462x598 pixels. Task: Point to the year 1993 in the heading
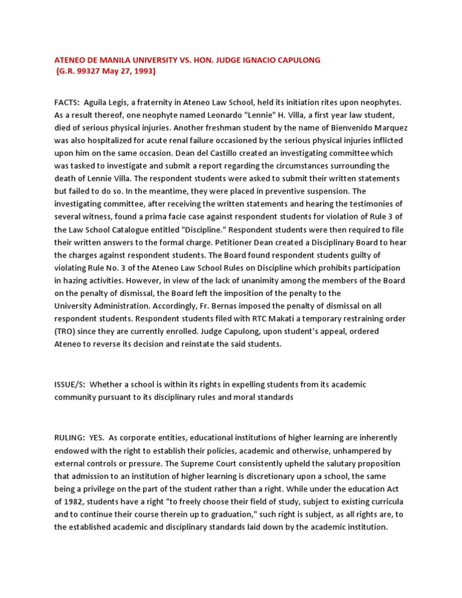pos(140,71)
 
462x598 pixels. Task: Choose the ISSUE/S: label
pos(70,384)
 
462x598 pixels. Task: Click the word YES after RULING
pos(98,438)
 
